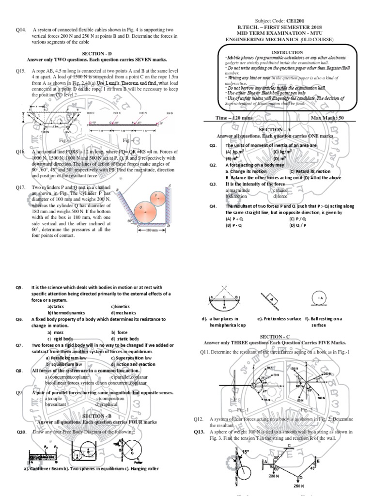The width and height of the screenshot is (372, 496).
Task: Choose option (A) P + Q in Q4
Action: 234,218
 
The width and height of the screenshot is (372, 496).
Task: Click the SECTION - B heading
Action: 97,416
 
